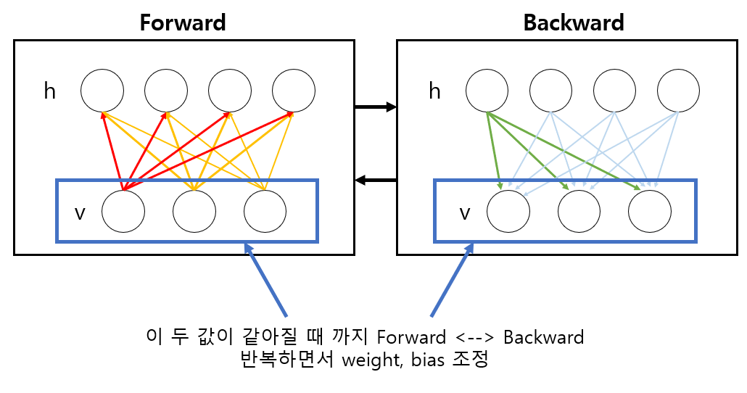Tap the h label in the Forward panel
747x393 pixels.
point(50,91)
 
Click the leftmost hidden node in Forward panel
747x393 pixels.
point(102,91)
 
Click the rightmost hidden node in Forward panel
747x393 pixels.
point(294,91)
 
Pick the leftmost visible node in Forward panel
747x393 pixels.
point(123,211)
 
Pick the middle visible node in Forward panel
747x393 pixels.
point(194,211)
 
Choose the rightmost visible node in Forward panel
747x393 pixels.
point(265,211)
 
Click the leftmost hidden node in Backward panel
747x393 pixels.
point(487,91)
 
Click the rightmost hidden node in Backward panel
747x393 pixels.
point(678,91)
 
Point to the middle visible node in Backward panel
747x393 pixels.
point(579,211)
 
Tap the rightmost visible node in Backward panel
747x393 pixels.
point(650,211)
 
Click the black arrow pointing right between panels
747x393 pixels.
point(376,107)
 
